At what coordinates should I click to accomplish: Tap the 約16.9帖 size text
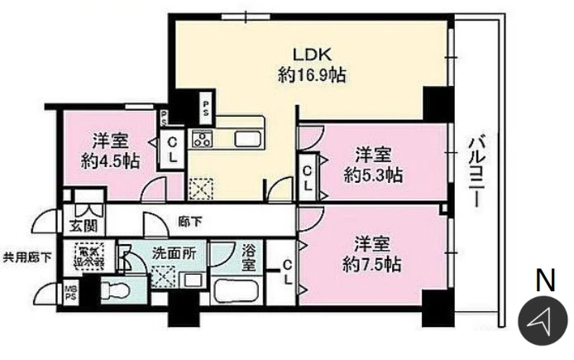311,75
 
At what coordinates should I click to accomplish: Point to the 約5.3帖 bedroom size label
372,175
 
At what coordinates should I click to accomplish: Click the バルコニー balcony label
476,174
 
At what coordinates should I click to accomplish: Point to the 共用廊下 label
28,257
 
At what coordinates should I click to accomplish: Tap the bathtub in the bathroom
237,292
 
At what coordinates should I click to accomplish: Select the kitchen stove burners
203,138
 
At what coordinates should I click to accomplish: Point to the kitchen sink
247,138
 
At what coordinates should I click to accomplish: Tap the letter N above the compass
544,281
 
